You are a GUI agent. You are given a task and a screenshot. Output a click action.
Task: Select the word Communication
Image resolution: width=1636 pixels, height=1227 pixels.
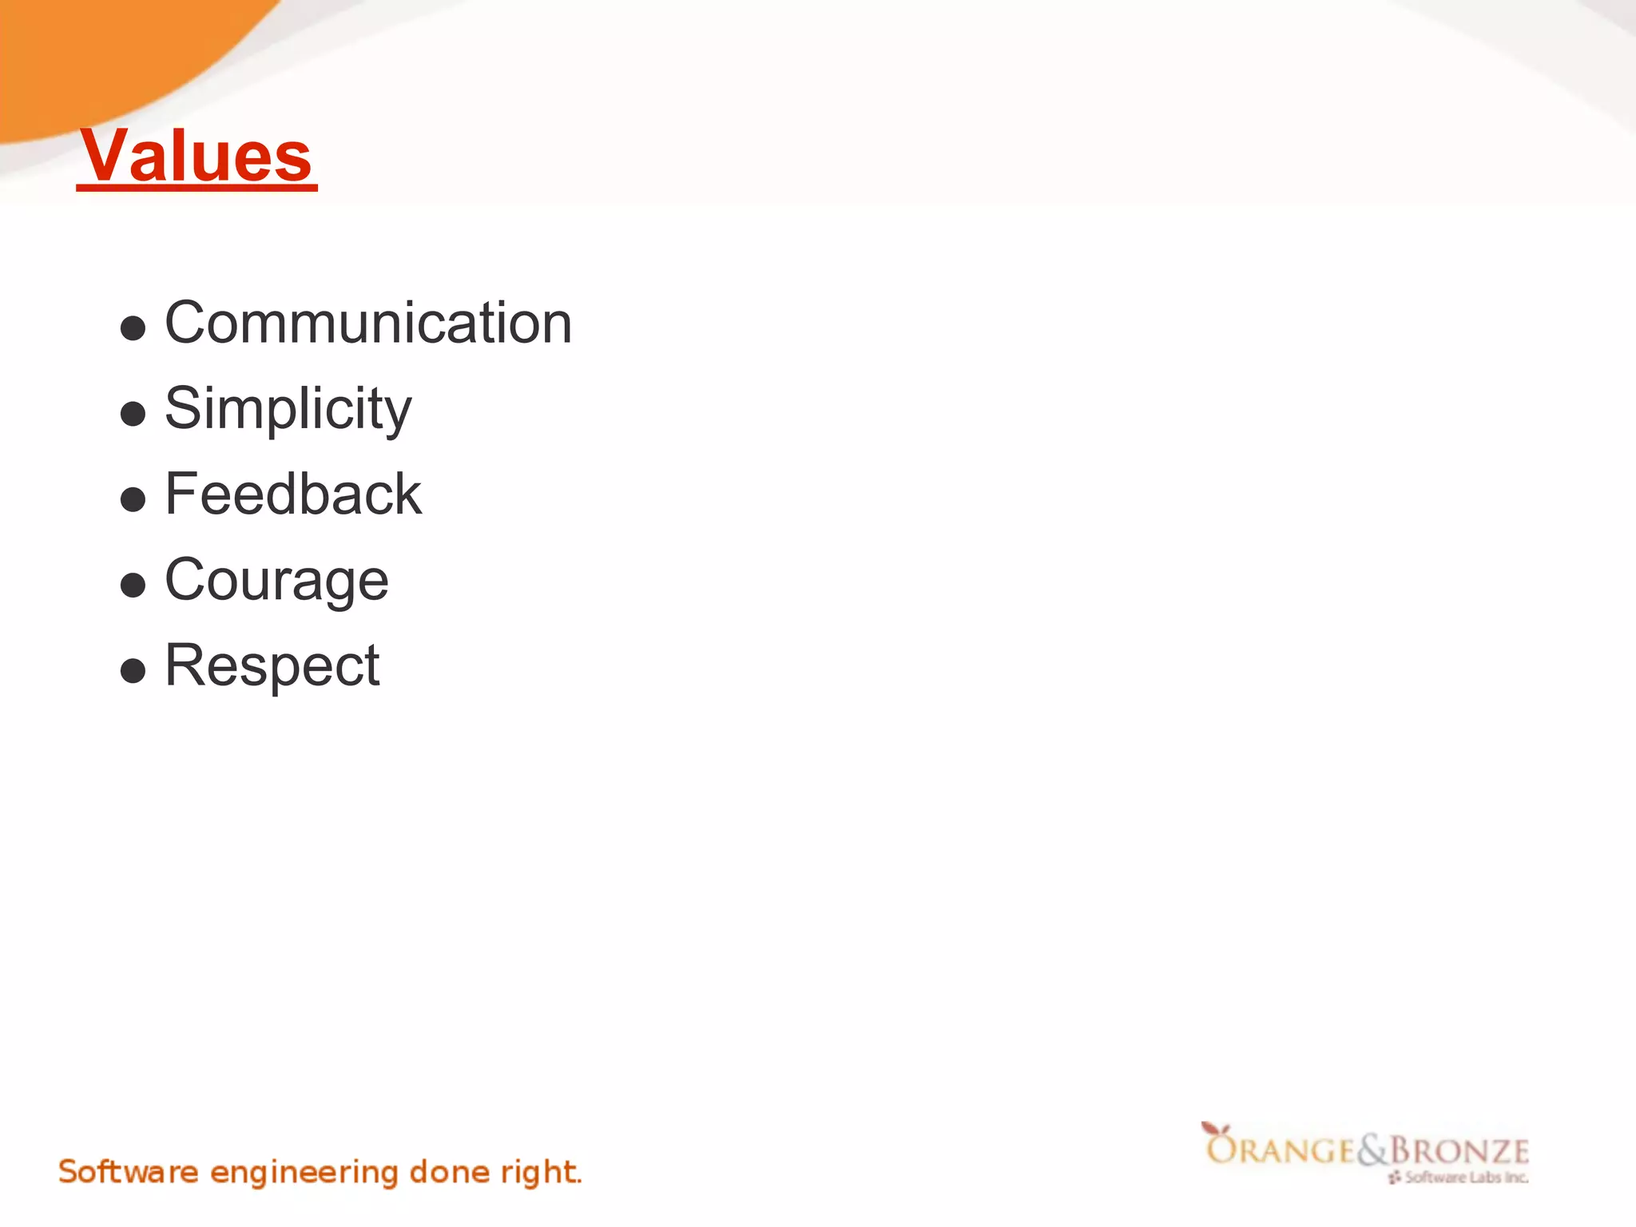(x=368, y=323)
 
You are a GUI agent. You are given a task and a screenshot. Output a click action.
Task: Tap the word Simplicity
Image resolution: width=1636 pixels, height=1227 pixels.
(x=288, y=408)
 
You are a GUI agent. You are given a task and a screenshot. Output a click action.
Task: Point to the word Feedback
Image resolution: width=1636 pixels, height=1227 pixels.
(x=292, y=494)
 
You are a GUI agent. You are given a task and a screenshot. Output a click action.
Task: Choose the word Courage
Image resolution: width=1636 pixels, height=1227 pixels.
(x=276, y=579)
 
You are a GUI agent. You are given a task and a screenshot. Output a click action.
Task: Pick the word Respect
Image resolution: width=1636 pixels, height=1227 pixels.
(x=272, y=665)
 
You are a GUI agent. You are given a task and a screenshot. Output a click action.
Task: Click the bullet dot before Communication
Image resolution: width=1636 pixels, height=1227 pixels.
(x=133, y=328)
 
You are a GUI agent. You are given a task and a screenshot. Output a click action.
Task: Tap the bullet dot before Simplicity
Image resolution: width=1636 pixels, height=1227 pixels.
(x=133, y=414)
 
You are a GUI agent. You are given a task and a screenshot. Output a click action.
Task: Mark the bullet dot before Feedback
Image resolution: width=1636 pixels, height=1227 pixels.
(x=133, y=499)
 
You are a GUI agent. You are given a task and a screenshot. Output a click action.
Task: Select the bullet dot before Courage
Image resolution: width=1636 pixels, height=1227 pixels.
(x=133, y=585)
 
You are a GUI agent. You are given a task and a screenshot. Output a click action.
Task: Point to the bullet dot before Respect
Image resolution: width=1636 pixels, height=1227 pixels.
(x=133, y=670)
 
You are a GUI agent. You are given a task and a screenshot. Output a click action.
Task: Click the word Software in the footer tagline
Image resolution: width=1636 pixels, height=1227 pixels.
(x=128, y=1172)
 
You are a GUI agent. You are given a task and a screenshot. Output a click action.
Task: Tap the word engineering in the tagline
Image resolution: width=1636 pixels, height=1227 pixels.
(x=304, y=1173)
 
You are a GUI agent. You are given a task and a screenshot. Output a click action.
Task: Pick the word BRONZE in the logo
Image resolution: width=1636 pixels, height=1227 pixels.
(x=1459, y=1151)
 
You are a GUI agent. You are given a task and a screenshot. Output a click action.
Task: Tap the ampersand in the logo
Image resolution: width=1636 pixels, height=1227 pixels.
(x=1372, y=1150)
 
